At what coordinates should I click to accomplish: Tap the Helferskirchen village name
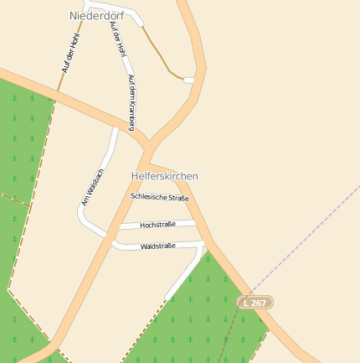(x=164, y=176)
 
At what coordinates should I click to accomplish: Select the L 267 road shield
(x=255, y=302)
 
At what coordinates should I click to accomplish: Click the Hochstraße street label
(x=157, y=225)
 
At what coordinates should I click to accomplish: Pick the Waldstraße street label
(x=157, y=246)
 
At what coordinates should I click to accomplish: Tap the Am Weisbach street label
(x=92, y=187)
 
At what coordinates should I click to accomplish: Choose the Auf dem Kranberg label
(x=131, y=102)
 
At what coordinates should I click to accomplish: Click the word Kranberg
(x=131, y=114)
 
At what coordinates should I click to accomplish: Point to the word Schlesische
(x=149, y=196)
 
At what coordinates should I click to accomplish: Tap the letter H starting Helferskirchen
(x=135, y=176)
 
